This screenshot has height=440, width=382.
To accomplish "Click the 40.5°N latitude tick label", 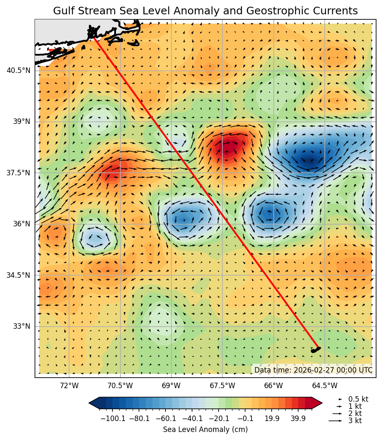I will click(18, 70).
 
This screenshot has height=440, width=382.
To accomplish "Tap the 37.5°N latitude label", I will click(18, 173).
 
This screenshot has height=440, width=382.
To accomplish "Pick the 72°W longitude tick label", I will click(69, 386).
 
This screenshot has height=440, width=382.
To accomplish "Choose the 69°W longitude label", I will click(171, 386).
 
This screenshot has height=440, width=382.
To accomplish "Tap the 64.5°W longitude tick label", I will click(325, 386).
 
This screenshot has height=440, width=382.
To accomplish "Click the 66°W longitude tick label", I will click(273, 386).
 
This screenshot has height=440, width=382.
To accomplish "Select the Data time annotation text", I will click(313, 370).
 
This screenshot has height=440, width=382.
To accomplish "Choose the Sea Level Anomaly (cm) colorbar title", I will click(205, 429).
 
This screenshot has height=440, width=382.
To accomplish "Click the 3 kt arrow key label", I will click(355, 421).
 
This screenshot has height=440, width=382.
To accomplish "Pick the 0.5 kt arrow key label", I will click(358, 399).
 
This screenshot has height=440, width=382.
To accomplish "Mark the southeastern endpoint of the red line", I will click(319, 348).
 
